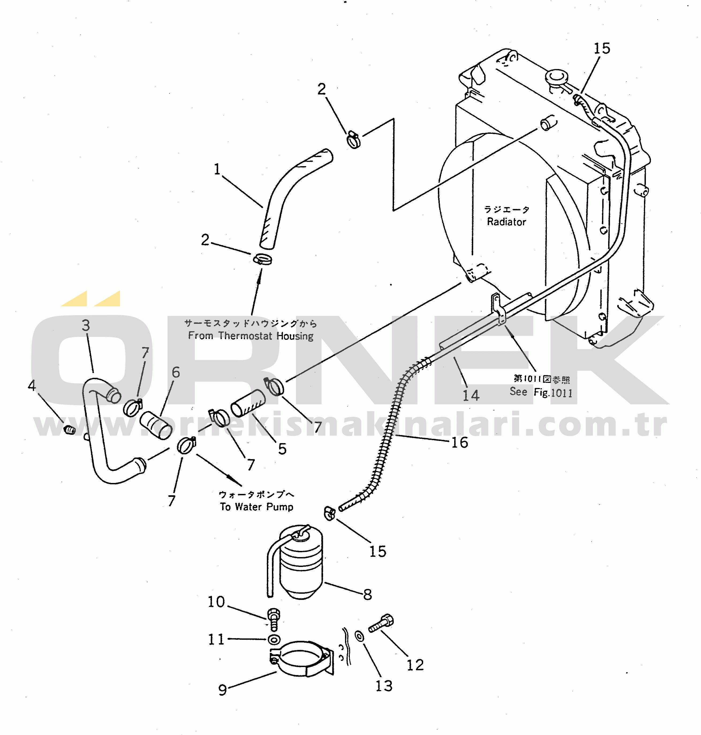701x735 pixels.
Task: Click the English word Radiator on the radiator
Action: point(506,222)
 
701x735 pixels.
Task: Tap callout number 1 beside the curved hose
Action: point(217,169)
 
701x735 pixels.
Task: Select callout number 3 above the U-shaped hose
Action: point(86,325)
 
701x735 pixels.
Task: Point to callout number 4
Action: point(32,385)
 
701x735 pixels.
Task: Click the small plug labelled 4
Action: point(70,430)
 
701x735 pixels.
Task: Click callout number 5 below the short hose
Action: point(282,448)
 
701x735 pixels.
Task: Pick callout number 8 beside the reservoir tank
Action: point(368,595)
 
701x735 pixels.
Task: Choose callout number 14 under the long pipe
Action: point(471,395)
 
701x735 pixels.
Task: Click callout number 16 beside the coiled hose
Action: point(460,442)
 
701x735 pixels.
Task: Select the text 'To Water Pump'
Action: point(257,507)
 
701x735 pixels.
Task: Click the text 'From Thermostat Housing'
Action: point(251,336)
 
